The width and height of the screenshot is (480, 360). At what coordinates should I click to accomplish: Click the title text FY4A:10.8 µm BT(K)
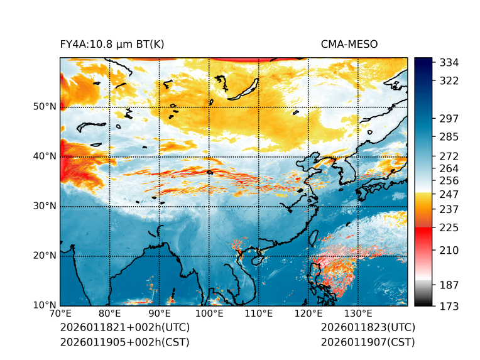pos(112,44)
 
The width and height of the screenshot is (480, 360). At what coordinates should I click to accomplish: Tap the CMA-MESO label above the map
pos(349,44)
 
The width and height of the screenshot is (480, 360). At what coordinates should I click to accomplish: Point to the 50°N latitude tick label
pos(44,107)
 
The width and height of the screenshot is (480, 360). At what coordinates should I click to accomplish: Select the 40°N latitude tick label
pos(44,156)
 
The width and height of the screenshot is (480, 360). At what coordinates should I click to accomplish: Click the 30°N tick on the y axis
pos(44,206)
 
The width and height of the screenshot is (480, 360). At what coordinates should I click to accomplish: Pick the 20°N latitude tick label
pos(44,256)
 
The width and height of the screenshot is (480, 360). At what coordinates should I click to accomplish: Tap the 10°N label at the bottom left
pos(44,305)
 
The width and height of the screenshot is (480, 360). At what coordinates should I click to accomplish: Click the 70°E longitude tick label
pos(60,314)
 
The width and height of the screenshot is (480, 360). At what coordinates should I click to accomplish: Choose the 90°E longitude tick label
pos(160,314)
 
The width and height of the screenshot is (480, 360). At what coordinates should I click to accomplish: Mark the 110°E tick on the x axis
pos(259,314)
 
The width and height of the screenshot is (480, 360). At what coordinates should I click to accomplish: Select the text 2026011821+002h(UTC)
pos(124,327)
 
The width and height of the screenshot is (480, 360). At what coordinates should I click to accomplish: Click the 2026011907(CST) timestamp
pos(368,342)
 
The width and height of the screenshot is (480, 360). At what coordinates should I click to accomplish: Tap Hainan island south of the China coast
pos(256,259)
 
